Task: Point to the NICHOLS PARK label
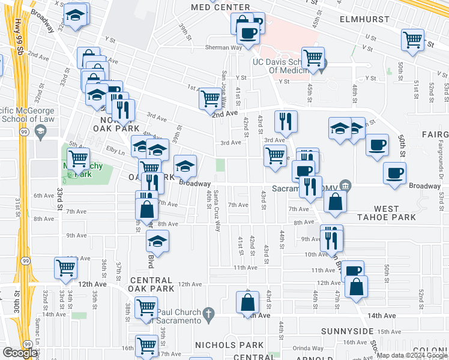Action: tap(229, 345)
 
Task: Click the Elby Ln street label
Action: tap(113, 151)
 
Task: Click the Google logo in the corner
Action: tap(20, 352)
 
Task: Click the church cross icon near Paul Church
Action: tap(208, 313)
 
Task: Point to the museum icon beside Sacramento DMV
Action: tap(345, 185)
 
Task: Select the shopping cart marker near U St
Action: tap(413, 40)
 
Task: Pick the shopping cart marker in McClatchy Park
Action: tap(78, 159)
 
